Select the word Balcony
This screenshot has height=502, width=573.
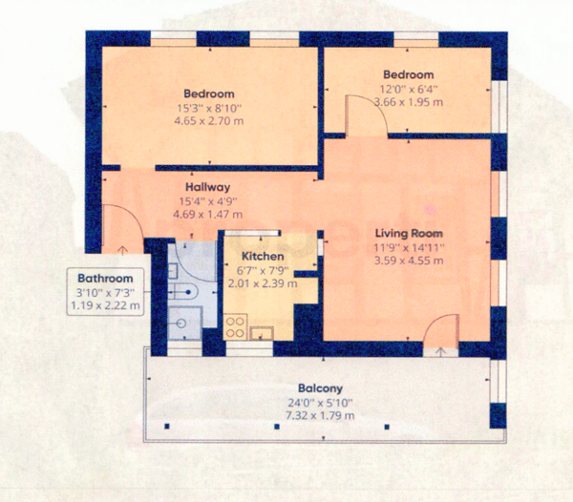[315, 388]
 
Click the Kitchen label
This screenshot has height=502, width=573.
[261, 257]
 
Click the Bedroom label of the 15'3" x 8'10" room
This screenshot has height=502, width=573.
[209, 94]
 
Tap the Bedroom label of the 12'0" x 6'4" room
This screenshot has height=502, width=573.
[409, 74]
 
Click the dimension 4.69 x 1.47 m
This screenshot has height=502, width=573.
[207, 216]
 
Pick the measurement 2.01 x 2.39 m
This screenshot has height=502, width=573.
[261, 283]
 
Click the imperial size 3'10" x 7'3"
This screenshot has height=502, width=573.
[105, 292]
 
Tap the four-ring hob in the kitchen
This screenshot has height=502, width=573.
[235, 326]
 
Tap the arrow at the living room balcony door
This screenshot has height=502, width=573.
[439, 350]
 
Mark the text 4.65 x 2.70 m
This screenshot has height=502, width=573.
[209, 121]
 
